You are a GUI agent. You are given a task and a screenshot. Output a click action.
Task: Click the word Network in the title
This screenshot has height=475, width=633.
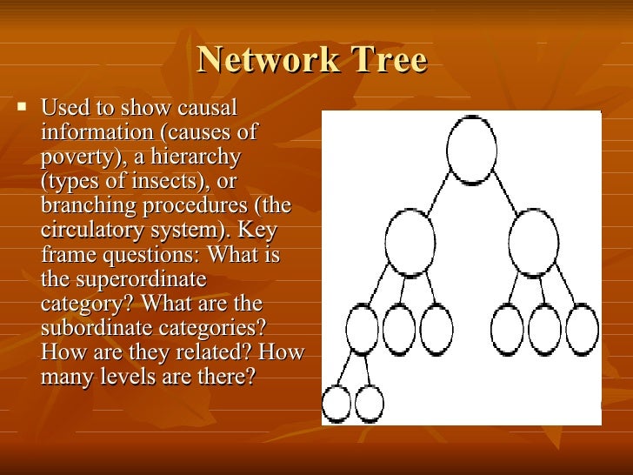(x=256, y=61)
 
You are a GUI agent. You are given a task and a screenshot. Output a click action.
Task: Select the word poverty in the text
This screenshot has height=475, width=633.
(x=71, y=157)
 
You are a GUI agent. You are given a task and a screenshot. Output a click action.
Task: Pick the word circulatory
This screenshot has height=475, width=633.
(x=90, y=231)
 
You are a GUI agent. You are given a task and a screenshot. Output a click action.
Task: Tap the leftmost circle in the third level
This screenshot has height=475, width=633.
(x=363, y=328)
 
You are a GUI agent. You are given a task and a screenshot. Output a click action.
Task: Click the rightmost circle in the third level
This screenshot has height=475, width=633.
(x=582, y=330)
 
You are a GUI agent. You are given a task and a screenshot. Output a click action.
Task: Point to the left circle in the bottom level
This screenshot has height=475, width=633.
(x=336, y=404)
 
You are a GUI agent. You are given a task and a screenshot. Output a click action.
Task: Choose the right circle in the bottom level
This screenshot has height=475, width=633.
(x=370, y=404)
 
